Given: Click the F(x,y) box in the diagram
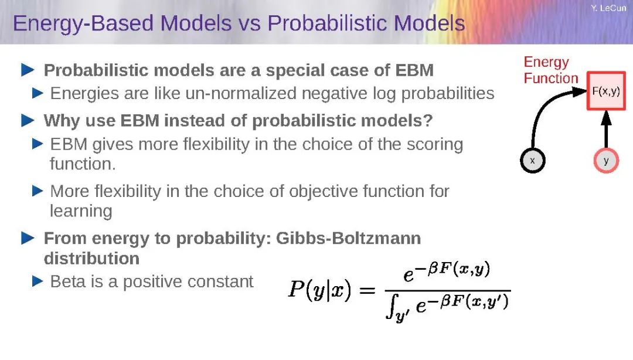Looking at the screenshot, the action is pyautogui.click(x=606, y=91).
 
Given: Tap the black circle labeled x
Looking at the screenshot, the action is pyautogui.click(x=532, y=161).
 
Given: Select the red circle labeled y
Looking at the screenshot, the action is pyautogui.click(x=606, y=161).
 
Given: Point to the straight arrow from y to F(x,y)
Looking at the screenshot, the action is pyautogui.click(x=606, y=130).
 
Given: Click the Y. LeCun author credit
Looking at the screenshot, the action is pyautogui.click(x=608, y=8).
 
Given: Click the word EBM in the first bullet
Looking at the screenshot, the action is pyautogui.click(x=414, y=70).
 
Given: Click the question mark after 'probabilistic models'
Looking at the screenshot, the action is pyautogui.click(x=427, y=120).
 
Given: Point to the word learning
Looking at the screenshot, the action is pyautogui.click(x=81, y=211).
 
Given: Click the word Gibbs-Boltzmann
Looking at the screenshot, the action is pyautogui.click(x=348, y=238).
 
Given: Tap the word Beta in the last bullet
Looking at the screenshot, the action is pyautogui.click(x=65, y=281).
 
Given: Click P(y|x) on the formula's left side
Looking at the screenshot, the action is pyautogui.click(x=319, y=290).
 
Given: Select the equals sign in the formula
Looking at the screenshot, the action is pyautogui.click(x=367, y=290).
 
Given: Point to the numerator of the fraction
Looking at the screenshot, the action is pyautogui.click(x=447, y=271).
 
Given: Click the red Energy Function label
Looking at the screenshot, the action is pyautogui.click(x=550, y=70).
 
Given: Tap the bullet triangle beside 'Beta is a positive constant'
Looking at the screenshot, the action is pyautogui.click(x=37, y=281).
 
